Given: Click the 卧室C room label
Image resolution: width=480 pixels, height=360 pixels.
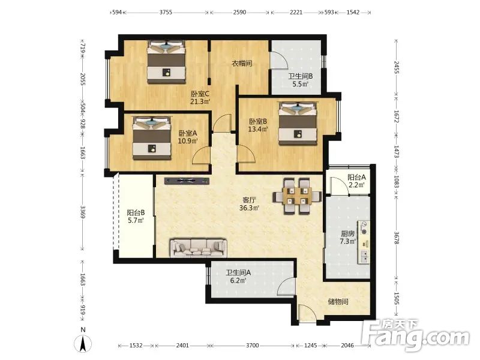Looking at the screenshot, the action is coord(200,94).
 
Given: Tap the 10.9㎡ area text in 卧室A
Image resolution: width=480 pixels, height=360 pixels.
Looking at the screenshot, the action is coord(188,141).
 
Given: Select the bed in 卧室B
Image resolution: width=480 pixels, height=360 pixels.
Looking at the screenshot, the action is coord(297,124).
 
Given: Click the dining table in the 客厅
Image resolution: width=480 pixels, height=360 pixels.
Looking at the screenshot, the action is coord(297,196).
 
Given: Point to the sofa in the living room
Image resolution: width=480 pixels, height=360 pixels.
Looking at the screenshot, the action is coord(199,248).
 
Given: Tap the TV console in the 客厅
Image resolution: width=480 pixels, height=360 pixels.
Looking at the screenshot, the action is coord(187,181).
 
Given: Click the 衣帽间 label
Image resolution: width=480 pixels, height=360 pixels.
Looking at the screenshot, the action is coord(242,64).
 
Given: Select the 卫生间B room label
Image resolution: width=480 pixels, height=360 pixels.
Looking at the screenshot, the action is coord(301,76).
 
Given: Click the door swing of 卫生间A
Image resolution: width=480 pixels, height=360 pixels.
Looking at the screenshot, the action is coord(286,286).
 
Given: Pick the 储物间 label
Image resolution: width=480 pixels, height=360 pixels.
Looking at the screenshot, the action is coord(338,302).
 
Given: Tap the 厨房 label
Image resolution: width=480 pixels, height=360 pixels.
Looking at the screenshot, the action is coord(348,233).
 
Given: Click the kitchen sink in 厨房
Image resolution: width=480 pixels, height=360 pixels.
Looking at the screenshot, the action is coord(364,257).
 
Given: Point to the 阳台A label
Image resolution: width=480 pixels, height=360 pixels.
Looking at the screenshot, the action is coord(356,177).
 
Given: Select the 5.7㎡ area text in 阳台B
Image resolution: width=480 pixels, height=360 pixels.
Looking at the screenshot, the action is coord(136,220).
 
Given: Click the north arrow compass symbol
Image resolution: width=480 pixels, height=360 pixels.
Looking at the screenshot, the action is coord(83,343).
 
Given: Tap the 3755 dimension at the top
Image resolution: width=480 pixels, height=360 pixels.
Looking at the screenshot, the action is coord(166,12).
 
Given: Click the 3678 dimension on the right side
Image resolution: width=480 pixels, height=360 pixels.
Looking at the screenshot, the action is coord(397,238).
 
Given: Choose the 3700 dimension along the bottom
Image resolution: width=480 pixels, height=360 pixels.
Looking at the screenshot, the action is coord(252,346).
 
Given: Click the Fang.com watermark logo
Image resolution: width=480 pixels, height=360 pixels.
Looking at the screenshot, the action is coord(415,335).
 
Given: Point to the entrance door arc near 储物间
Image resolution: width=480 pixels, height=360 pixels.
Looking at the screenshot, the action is coord(307,313).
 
